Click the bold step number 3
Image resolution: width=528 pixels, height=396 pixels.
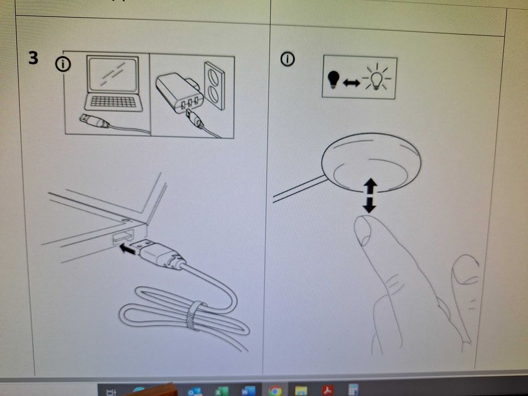click(33, 58)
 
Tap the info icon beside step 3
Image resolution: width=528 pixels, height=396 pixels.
click(63, 64)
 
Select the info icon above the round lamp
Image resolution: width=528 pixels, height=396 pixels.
click(287, 59)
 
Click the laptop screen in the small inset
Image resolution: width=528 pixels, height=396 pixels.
click(113, 75)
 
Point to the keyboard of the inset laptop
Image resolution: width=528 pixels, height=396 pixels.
click(113, 102)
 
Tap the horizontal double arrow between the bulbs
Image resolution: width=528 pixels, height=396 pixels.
click(351, 83)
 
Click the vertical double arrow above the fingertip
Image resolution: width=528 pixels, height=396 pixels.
click(370, 195)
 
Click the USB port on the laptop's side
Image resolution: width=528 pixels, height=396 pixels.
click(123, 236)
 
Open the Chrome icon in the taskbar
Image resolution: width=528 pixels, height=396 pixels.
click(274, 390)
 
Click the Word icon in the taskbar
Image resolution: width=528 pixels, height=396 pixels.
click(248, 391)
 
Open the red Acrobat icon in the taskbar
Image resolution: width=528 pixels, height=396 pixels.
click(327, 390)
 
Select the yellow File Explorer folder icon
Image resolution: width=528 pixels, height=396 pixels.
click(301, 391)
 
